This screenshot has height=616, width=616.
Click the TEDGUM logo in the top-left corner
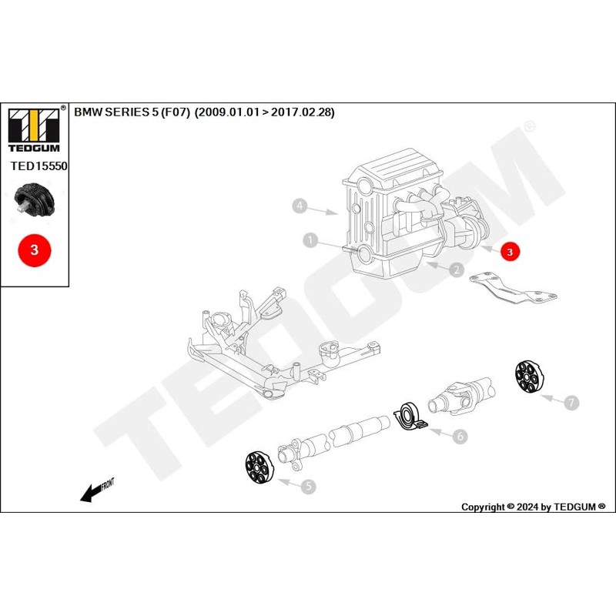coord(35,128)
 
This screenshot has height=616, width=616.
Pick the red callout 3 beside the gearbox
coord(510,251)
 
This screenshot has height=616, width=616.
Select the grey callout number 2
coord(456,269)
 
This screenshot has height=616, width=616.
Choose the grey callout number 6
coord(459,437)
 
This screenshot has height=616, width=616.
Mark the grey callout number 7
coord(571,402)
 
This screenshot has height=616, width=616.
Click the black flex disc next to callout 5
coord(256,469)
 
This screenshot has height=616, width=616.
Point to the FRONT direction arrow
coord(96,490)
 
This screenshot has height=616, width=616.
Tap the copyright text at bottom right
coord(533,507)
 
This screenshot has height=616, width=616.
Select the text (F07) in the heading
coord(176,112)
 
